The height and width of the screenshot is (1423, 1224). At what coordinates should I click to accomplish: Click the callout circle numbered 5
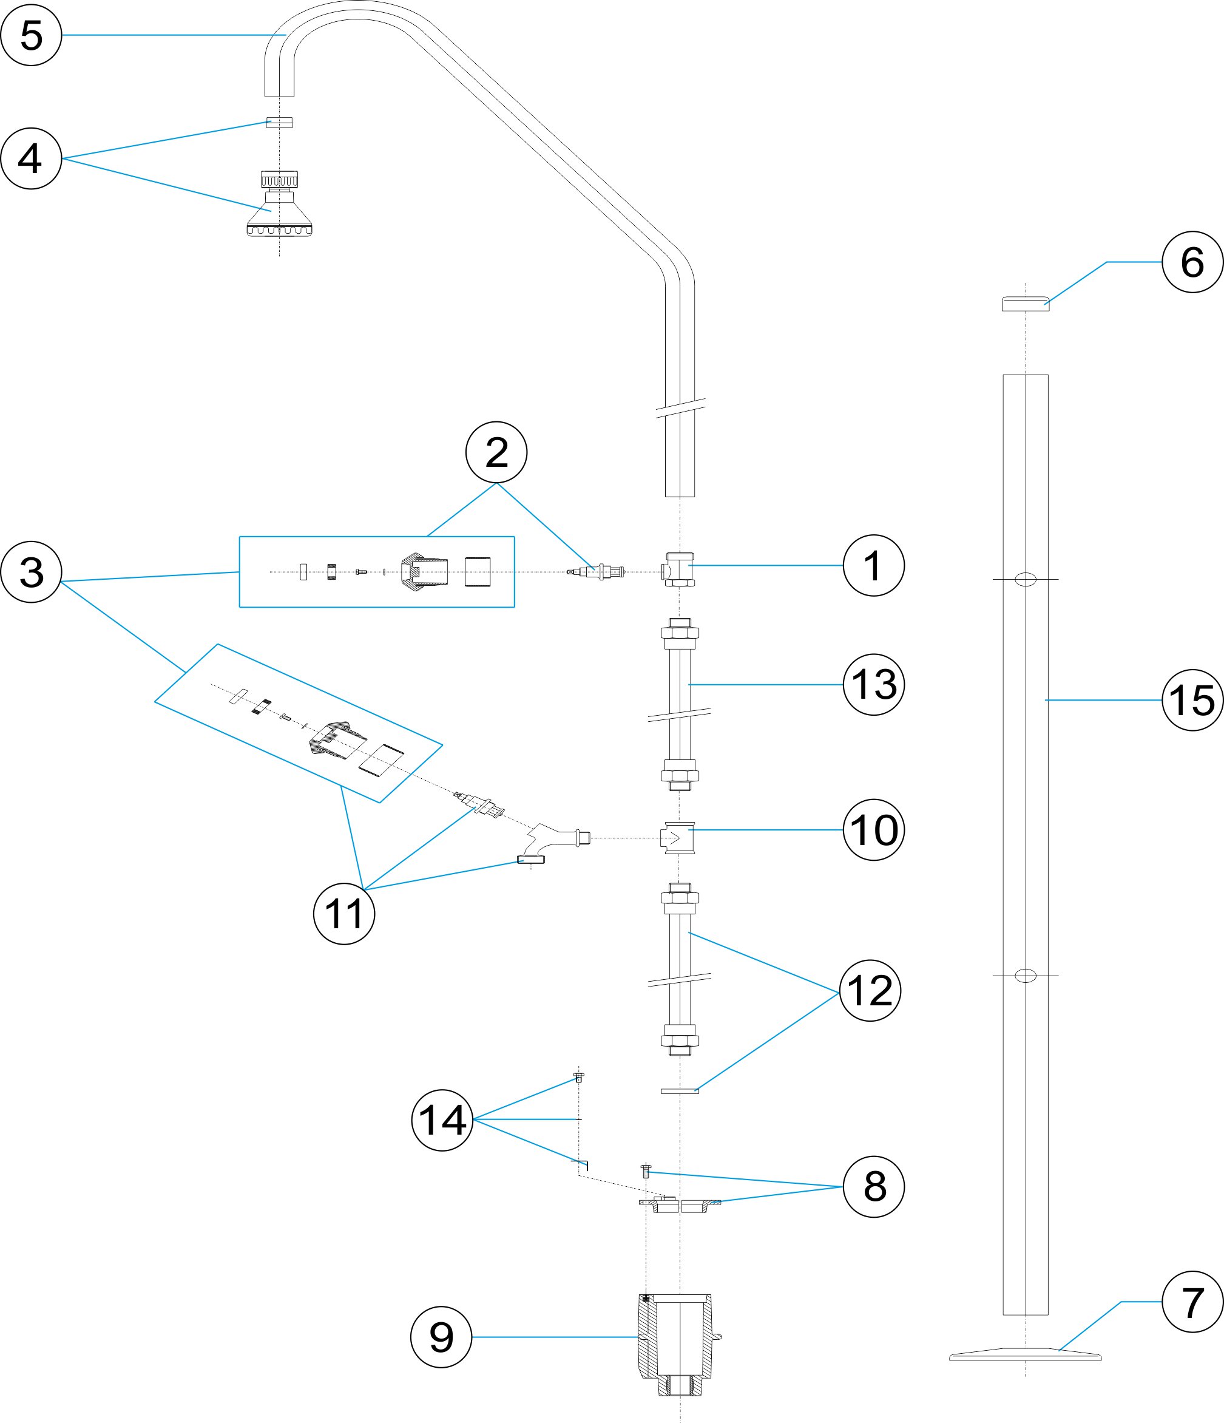tap(31, 35)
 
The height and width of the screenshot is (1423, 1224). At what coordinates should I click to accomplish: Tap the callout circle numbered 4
tap(31, 158)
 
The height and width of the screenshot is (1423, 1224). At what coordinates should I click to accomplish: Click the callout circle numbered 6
tap(1192, 262)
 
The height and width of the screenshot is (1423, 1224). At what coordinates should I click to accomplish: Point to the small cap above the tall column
tap(1025, 304)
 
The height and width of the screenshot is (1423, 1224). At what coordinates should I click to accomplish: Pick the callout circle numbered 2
tap(496, 453)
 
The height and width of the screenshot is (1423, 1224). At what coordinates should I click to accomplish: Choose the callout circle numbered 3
tap(31, 572)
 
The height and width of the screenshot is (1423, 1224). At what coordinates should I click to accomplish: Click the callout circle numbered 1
tap(873, 566)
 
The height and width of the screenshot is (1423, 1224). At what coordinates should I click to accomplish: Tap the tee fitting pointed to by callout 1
tap(679, 569)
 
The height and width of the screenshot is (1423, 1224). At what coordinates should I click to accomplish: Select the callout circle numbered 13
tap(873, 685)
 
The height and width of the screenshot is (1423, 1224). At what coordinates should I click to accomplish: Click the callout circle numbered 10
tap(873, 830)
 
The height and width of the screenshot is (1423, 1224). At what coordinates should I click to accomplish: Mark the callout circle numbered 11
tap(344, 914)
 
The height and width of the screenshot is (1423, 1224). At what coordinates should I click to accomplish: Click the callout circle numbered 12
tap(870, 990)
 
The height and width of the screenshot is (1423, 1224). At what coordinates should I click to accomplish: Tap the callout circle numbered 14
tap(442, 1120)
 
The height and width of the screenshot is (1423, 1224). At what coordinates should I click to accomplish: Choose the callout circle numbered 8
tap(873, 1187)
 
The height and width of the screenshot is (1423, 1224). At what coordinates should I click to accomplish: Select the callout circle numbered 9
tap(441, 1337)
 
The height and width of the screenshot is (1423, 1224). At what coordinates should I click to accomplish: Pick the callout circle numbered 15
tap(1192, 700)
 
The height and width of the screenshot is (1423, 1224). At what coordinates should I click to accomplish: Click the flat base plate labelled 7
tap(1025, 1354)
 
